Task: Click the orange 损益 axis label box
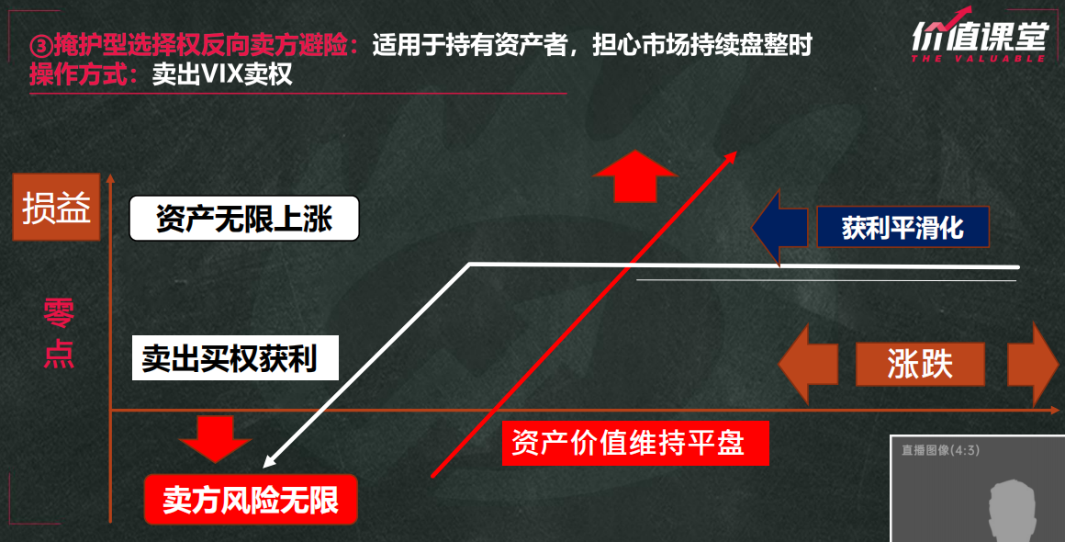pos(56,207)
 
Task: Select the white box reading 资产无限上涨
pos(244,218)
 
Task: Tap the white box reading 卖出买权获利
pos(235,357)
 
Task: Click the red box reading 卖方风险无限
pos(251,499)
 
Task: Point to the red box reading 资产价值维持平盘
pos(635,443)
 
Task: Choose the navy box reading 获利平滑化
pos(902,227)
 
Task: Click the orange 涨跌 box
pos(920,364)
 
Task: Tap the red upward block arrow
pos(635,175)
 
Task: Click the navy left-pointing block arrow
pos(779,227)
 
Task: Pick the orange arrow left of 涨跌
pos(808,364)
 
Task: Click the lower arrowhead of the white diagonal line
pos(267,463)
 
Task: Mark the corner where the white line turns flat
pos(469,264)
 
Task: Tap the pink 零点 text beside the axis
pos(59,333)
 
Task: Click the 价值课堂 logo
pos(978,35)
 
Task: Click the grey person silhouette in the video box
pos(1013,510)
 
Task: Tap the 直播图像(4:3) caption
pos(941,449)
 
